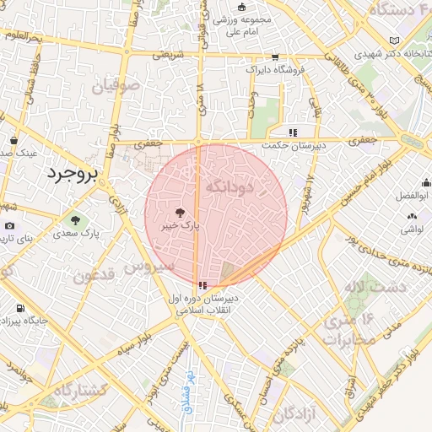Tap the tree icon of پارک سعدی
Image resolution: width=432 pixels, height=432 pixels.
pos(76,220)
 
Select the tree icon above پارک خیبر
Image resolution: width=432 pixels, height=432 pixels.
pos(179,213)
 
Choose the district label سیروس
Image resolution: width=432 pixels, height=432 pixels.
pos(149,266)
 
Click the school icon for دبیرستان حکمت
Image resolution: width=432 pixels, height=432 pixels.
pos(293,132)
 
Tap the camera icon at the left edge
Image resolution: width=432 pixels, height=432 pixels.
pos(9,226)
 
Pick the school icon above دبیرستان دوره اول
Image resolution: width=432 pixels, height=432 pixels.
pos(201,286)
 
